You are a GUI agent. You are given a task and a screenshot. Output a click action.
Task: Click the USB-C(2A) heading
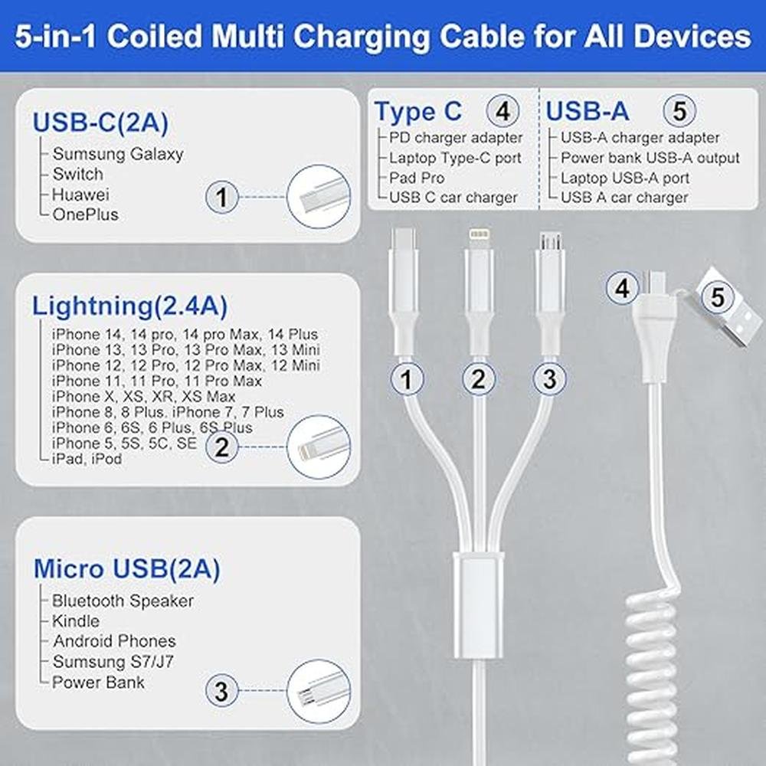click(100, 122)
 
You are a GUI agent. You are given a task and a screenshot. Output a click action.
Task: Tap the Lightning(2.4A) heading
click(129, 306)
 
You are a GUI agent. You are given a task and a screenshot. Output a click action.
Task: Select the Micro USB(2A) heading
click(126, 568)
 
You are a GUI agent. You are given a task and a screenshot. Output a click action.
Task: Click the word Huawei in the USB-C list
click(80, 195)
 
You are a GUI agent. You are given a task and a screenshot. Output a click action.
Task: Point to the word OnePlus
click(86, 214)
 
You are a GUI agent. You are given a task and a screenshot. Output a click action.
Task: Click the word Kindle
click(76, 621)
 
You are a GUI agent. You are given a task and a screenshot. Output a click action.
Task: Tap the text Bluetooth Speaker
click(123, 601)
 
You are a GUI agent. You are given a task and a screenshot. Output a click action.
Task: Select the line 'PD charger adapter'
click(456, 138)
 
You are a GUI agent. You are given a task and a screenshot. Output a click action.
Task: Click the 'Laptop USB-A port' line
click(625, 178)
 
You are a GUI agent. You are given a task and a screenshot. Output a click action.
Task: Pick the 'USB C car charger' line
click(453, 198)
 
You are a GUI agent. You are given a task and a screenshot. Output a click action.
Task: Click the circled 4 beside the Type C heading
click(502, 111)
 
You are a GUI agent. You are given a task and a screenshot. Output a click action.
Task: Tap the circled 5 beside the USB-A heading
click(679, 111)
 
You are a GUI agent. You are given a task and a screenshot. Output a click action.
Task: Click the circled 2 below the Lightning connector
click(479, 378)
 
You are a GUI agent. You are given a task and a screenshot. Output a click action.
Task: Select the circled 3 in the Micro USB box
click(222, 691)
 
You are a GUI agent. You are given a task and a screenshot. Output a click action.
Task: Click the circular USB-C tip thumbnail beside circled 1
click(319, 196)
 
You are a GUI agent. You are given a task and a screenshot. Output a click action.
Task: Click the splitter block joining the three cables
click(479, 605)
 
